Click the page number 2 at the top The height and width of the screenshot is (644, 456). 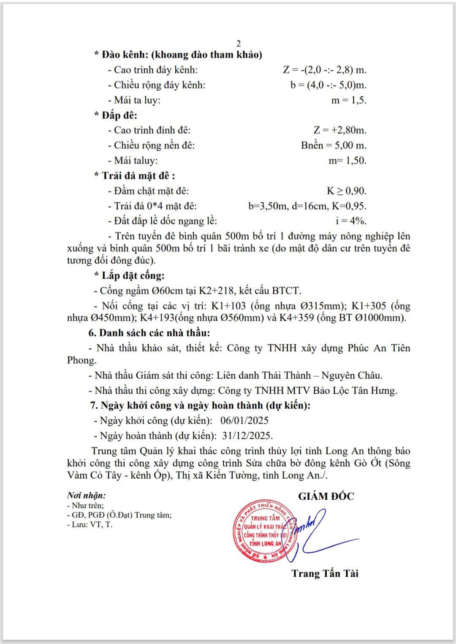coord(239,43)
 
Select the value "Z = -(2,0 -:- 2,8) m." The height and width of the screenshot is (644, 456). coord(324,70)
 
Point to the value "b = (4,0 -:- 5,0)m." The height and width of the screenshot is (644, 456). coord(328,85)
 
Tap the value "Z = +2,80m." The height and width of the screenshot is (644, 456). coord(340,130)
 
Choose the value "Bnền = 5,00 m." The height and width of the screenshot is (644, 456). coord(334,146)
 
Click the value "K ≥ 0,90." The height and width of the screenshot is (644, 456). coord(347,191)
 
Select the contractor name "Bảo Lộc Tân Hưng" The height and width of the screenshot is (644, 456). coord(355,391)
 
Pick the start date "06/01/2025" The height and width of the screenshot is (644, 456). coord(244,420)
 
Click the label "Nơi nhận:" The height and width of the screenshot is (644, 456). coord(86,496)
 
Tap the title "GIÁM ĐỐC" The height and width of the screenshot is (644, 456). coord(326,496)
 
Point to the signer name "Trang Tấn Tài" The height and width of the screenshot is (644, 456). coord(325,574)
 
